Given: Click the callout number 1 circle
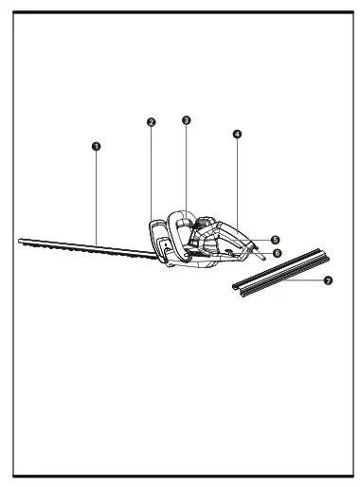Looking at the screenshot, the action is pos(96,146).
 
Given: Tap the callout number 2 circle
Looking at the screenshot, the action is pos(151,122).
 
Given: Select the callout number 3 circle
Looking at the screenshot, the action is pos(186,120).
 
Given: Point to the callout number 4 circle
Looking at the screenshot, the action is pos(237,135).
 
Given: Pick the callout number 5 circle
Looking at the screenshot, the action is pos(275,241).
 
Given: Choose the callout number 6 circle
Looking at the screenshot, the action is pos(277,253).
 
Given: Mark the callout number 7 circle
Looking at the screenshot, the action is pos(328,280).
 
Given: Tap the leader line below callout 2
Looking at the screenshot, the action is pos(151,171).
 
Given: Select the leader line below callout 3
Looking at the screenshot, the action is pos(186,166).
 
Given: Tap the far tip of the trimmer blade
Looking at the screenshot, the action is pos(21,241).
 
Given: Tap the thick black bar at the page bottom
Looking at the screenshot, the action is pos(180,476).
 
